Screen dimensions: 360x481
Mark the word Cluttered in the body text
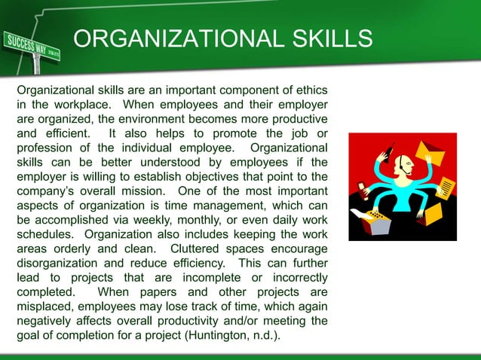click(x=198, y=249)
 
